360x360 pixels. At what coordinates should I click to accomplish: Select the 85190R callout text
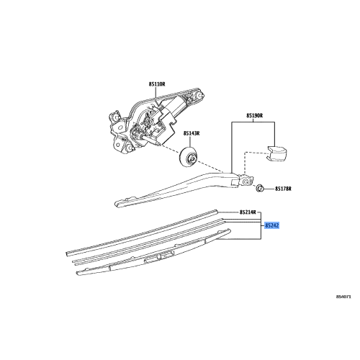click(x=256, y=114)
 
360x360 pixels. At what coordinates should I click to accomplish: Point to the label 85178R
click(x=282, y=189)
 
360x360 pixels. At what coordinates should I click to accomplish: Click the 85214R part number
click(x=247, y=214)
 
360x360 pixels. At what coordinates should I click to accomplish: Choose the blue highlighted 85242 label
click(x=271, y=225)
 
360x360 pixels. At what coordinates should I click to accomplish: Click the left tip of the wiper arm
click(x=120, y=203)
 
